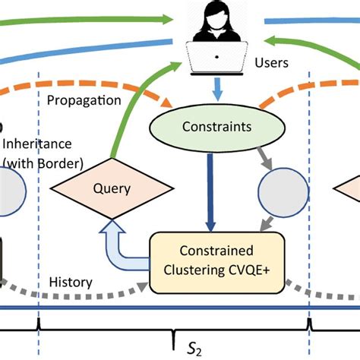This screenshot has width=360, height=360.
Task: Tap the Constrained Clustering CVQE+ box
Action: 218,262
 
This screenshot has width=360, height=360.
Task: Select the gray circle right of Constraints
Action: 283,188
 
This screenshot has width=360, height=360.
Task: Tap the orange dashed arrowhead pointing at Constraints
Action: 169,103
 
